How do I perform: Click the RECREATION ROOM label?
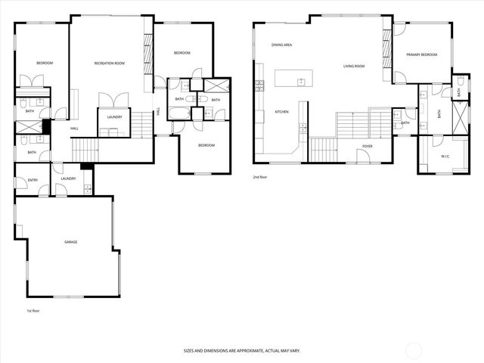click(x=109, y=63)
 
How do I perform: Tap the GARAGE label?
click(x=70, y=242)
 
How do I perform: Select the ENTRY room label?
click(x=33, y=180)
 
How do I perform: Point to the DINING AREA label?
click(x=282, y=45)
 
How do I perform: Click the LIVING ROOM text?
click(x=354, y=67)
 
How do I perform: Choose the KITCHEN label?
click(x=281, y=112)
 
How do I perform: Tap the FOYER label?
click(x=368, y=146)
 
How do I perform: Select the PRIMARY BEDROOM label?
click(x=421, y=55)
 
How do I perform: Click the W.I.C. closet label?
click(x=445, y=157)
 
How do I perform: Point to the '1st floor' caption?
click(x=33, y=311)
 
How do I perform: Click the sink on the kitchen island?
click(x=300, y=80)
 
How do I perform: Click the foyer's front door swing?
click(x=364, y=156)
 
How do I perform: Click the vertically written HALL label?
click(x=158, y=112)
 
